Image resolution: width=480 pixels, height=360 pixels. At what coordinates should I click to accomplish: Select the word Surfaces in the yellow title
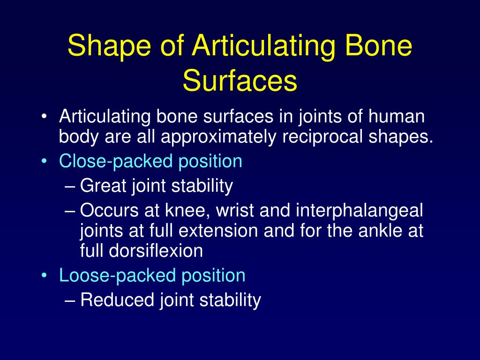click(x=240, y=81)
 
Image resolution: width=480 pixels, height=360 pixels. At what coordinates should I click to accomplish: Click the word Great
click(x=104, y=186)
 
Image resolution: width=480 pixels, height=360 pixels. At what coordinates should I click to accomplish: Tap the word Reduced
click(x=117, y=300)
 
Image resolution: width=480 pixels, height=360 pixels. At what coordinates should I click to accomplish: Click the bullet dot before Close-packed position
click(x=44, y=162)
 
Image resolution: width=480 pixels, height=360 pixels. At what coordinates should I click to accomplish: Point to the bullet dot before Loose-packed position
click(x=44, y=275)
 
